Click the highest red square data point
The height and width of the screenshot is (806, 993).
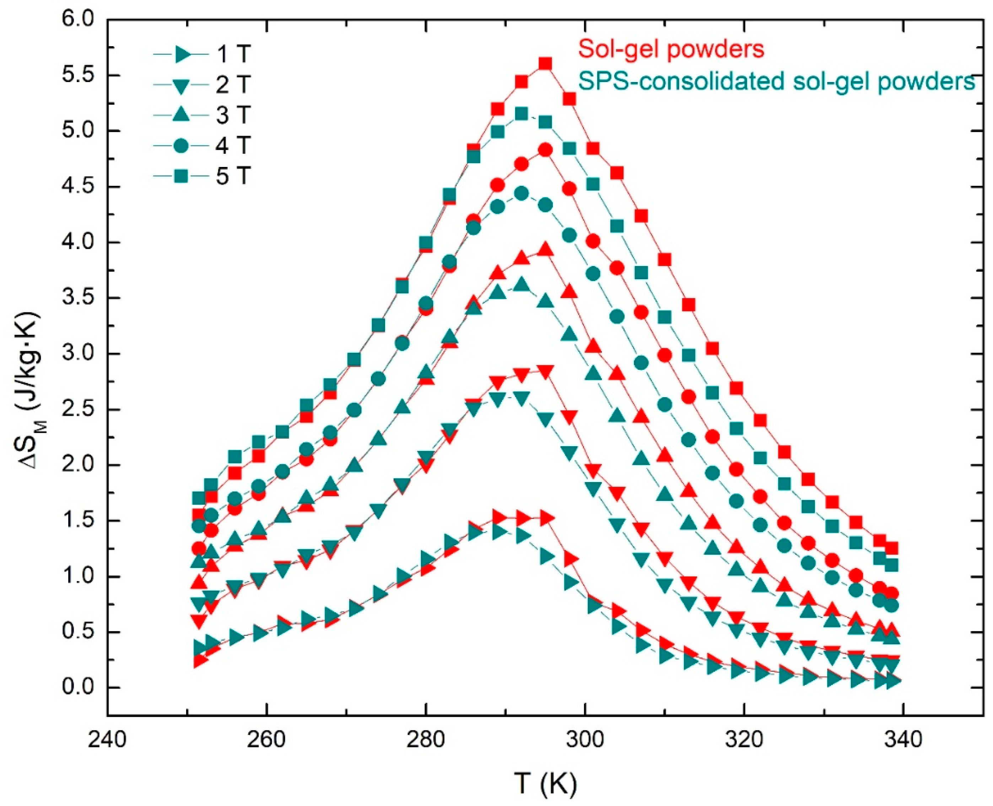coord(545,64)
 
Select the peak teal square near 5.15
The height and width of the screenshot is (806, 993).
coord(522,114)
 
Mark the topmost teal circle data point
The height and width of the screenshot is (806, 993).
coord(522,194)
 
